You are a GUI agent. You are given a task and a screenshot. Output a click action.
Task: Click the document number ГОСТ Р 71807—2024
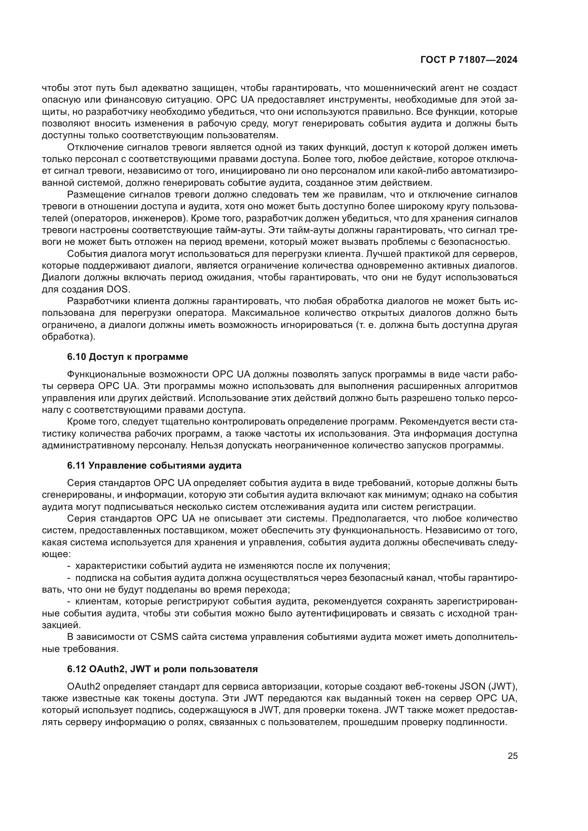pyautogui.click(x=469, y=60)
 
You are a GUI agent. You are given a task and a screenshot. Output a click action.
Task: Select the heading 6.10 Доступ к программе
pyautogui.click(x=128, y=357)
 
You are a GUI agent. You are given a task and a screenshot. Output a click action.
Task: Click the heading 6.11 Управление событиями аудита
pyautogui.click(x=154, y=465)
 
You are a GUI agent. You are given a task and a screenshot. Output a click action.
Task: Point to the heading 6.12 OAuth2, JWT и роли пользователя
pyautogui.click(x=162, y=669)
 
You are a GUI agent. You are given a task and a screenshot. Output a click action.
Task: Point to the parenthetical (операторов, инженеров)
pyautogui.click(x=130, y=218)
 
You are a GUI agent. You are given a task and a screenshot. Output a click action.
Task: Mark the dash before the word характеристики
pyautogui.click(x=69, y=566)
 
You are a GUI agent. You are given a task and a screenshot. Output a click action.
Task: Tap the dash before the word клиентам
pyautogui.click(x=69, y=601)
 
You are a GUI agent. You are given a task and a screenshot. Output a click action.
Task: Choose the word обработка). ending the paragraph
pyautogui.click(x=68, y=336)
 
